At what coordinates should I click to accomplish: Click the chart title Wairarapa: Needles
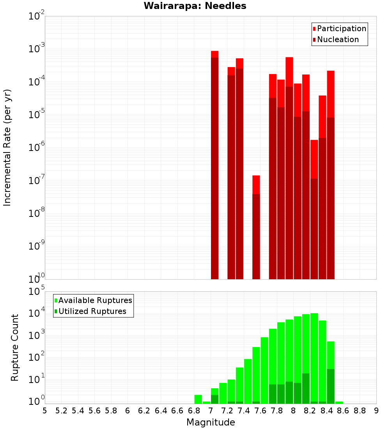pyautogui.click(x=195, y=6)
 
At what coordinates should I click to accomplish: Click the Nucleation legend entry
pyautogui.click(x=338, y=39)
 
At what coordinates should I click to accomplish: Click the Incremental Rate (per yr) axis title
pyautogui.click(x=7, y=148)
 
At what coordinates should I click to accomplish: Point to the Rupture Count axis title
pyautogui.click(x=15, y=347)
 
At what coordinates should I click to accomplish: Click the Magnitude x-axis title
pyautogui.click(x=211, y=422)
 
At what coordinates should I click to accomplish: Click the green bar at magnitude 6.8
pyautogui.click(x=198, y=399)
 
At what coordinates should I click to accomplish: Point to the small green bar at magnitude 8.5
pyautogui.click(x=339, y=402)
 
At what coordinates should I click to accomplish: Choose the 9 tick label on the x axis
pyautogui.click(x=376, y=411)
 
